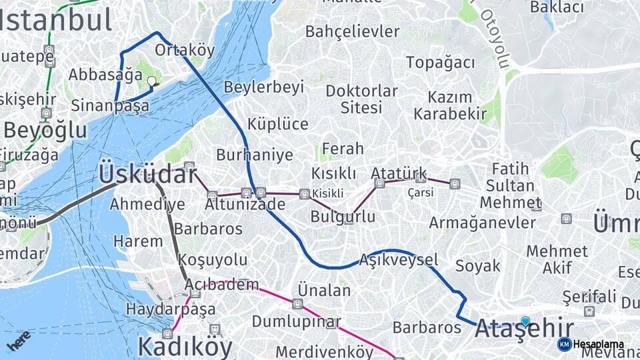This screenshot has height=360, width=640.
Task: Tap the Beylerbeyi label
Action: pyautogui.click(x=264, y=87)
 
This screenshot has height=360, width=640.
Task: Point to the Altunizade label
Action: pyautogui.click(x=245, y=204)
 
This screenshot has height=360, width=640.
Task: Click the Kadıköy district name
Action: pyautogui.click(x=185, y=347)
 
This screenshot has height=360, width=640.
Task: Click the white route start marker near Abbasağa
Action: pyautogui.click(x=151, y=81)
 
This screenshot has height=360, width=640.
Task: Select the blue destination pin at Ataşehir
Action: pyautogui.click(x=525, y=321)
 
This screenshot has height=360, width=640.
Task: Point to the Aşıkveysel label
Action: pyautogui.click(x=398, y=259)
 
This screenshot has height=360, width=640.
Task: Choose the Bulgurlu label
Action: pyautogui.click(x=343, y=217)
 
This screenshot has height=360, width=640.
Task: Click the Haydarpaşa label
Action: pyautogui.click(x=171, y=309)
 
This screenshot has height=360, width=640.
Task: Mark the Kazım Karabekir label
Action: pyautogui.click(x=450, y=105)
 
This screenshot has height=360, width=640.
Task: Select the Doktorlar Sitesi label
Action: pyautogui.click(x=361, y=99)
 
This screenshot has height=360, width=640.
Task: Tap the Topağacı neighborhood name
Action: pyautogui.click(x=441, y=63)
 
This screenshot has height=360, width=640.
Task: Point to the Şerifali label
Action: pyautogui.click(x=589, y=296)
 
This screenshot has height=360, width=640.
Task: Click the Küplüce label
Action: pyautogui.click(x=277, y=124)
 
